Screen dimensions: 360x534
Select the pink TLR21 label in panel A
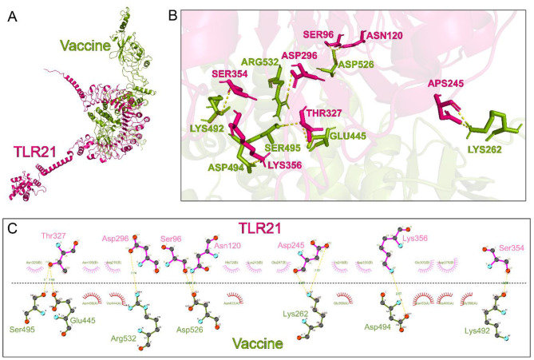coord(34,152)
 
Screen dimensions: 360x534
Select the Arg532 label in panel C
coord(128,338)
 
